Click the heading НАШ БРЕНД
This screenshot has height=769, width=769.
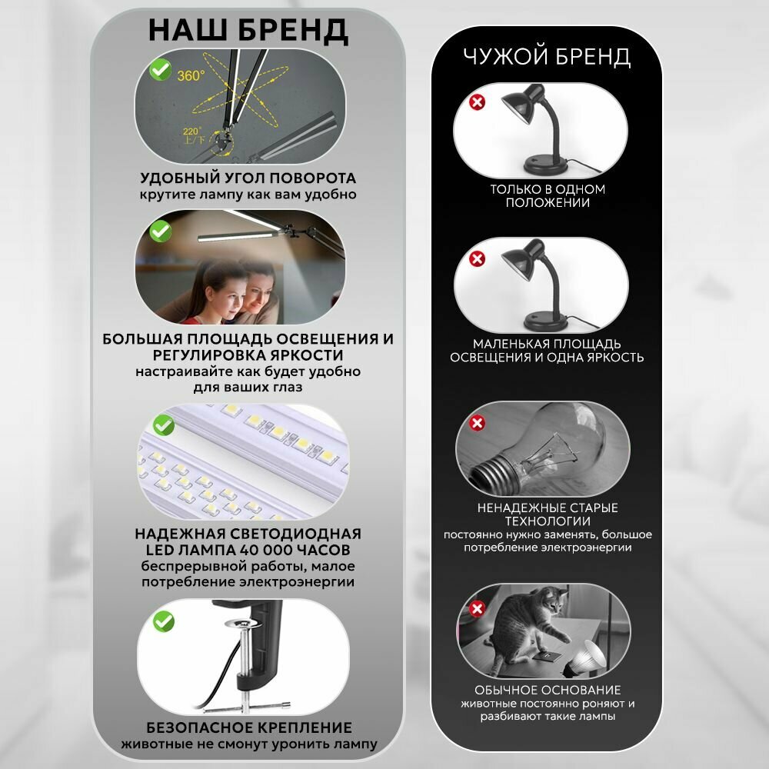(248, 31)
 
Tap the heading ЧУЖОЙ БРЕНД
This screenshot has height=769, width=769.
(547, 56)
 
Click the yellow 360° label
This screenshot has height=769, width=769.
(191, 75)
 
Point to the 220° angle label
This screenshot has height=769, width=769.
(191, 131)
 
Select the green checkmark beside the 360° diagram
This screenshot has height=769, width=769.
(160, 70)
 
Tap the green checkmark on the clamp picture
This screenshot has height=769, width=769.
(163, 621)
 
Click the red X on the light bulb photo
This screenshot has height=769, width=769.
(478, 423)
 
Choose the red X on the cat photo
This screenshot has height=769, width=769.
(478, 608)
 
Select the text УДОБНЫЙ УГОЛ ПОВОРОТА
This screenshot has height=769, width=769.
(248, 178)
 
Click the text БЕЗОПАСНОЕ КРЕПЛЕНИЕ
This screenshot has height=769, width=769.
(249, 727)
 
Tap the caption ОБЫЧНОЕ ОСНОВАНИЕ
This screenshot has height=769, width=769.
(548, 690)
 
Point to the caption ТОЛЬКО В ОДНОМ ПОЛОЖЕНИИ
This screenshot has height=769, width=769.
(548, 195)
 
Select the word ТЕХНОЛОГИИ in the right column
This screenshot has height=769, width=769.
(548, 521)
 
